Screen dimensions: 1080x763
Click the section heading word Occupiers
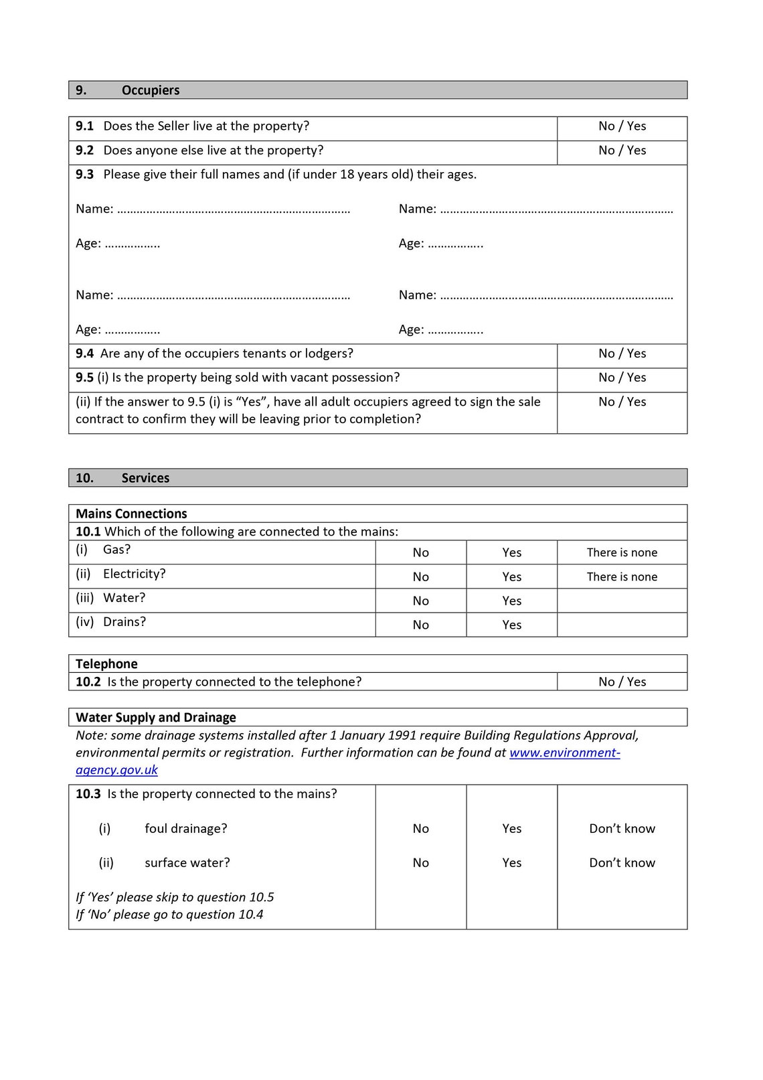coord(150,90)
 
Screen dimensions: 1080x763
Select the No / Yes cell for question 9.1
coord(622,127)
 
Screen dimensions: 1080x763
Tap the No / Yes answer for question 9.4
coord(622,354)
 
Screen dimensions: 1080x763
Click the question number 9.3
coord(84,175)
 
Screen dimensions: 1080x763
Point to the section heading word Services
coord(145,478)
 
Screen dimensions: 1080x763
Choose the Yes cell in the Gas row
coord(511,552)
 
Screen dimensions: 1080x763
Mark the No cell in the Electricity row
coord(420,576)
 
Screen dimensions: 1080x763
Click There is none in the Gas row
coord(622,552)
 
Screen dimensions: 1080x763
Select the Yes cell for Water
coord(511,601)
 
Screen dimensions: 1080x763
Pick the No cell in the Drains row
coord(420,625)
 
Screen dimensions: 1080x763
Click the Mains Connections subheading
coord(131,514)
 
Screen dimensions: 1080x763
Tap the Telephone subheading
coord(106,664)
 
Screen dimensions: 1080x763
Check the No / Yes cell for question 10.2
coord(622,682)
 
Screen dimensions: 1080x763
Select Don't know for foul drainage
coord(622,828)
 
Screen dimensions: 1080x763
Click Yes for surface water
coord(511,862)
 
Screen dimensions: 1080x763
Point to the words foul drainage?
coord(185,828)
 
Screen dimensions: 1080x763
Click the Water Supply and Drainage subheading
coord(155,717)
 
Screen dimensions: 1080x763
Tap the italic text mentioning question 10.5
coord(175,897)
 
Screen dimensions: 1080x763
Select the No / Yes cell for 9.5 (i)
coord(622,378)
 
